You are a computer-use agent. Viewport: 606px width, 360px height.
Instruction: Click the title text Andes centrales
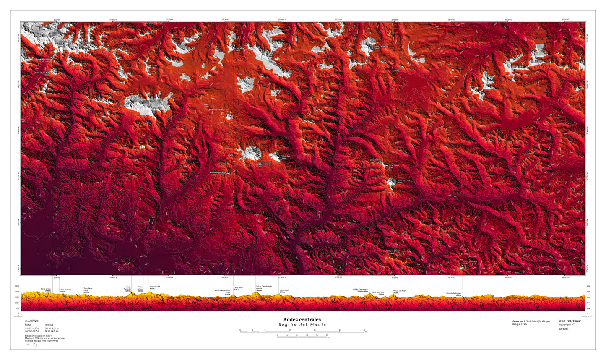[x=302, y=320]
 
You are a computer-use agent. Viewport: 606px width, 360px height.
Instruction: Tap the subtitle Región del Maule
[x=302, y=325]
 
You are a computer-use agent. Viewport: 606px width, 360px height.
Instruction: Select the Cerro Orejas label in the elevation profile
[x=46, y=289]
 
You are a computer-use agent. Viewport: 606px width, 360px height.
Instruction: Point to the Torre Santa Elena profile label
[x=88, y=289]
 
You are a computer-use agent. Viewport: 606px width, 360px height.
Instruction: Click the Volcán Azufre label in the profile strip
[x=155, y=287]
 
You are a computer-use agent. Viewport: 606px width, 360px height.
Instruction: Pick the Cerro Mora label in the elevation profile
[x=238, y=288]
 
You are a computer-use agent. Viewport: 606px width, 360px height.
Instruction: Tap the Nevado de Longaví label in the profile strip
[x=458, y=294]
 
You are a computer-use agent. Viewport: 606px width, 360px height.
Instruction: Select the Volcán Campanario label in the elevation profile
[x=360, y=290]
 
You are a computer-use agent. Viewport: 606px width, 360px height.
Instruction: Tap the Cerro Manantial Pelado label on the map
[x=218, y=172]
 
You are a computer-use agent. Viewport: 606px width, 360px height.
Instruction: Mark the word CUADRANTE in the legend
[x=31, y=321]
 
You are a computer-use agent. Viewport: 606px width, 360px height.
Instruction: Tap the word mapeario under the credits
[x=520, y=325]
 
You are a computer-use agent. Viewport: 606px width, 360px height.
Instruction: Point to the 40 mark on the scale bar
[x=364, y=330]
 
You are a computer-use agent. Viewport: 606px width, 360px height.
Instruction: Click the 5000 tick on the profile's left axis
[x=17, y=286]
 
